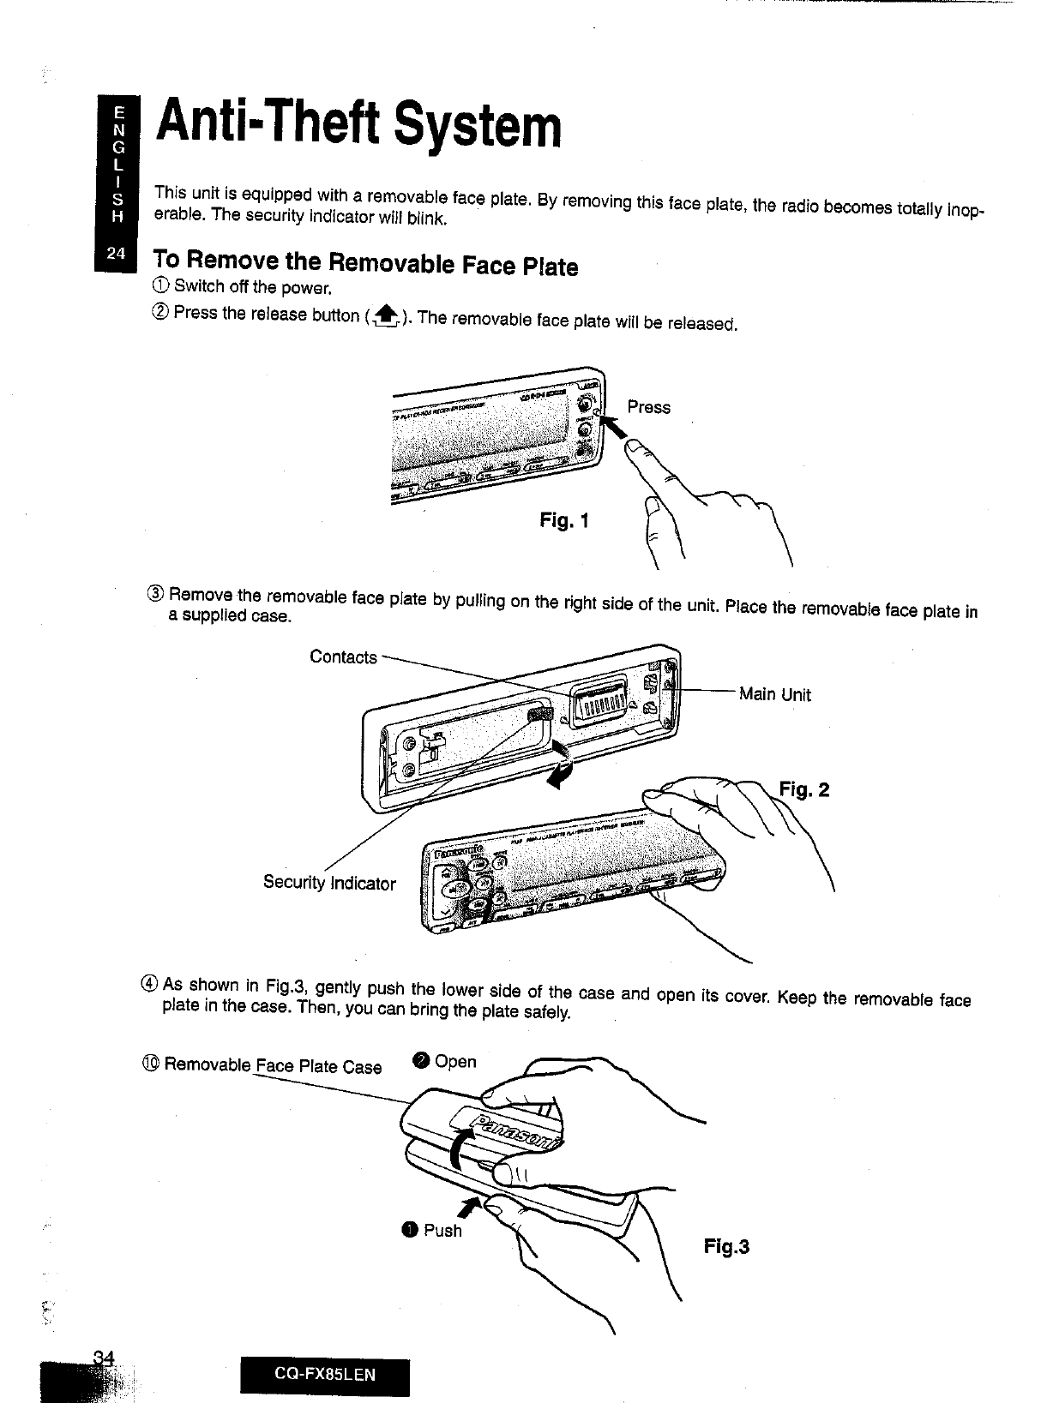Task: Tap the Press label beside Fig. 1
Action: tap(648, 407)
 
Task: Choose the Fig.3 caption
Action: tap(726, 1246)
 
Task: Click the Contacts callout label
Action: tap(343, 657)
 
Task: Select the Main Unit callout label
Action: tap(775, 694)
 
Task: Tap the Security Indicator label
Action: tap(329, 883)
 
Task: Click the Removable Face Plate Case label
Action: tap(273, 1066)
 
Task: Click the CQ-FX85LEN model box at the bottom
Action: tap(325, 1376)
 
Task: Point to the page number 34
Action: tap(105, 1358)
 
